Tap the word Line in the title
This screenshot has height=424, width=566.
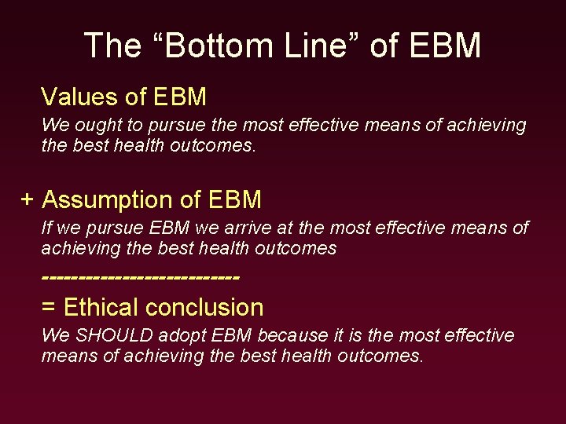coord(307,46)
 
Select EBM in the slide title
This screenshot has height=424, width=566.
coord(445,46)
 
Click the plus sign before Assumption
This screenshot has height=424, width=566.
coord(28,199)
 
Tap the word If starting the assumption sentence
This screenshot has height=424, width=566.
coord(46,228)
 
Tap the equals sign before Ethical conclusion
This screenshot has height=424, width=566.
coord(48,307)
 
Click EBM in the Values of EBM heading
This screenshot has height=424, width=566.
coord(180,97)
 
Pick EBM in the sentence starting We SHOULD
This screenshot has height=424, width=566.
coord(231,335)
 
